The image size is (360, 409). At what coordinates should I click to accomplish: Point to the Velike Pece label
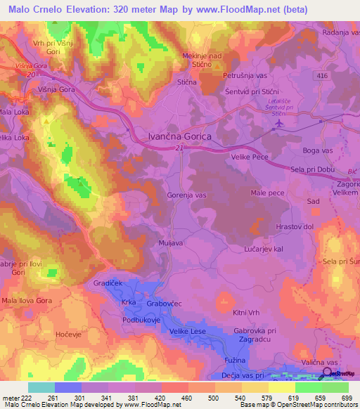click(251, 157)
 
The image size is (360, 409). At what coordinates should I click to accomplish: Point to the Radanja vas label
click(341, 32)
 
